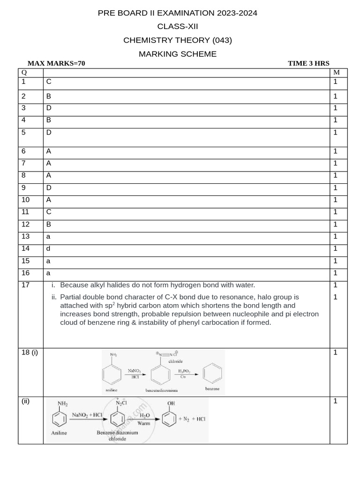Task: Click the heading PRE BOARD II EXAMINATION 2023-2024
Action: pos(178,13)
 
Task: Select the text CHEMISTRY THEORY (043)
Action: pos(178,40)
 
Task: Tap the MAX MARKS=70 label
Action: pos(56,63)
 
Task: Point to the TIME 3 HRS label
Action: pos(308,63)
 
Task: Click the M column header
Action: pos(336,72)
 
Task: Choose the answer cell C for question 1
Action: pos(49,82)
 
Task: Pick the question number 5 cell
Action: pos(24,132)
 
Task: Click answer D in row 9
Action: pos(49,187)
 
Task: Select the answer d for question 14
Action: pos(48,248)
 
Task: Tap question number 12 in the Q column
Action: pos(26,224)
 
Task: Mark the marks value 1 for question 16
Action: pos(336,273)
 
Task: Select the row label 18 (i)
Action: pos(30,352)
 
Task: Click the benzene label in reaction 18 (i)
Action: pos(212,389)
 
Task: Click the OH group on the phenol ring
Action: pos(171,403)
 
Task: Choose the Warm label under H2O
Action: pos(144,423)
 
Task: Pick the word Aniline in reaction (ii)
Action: pos(59,433)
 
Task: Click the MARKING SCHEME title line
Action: pos(178,54)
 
